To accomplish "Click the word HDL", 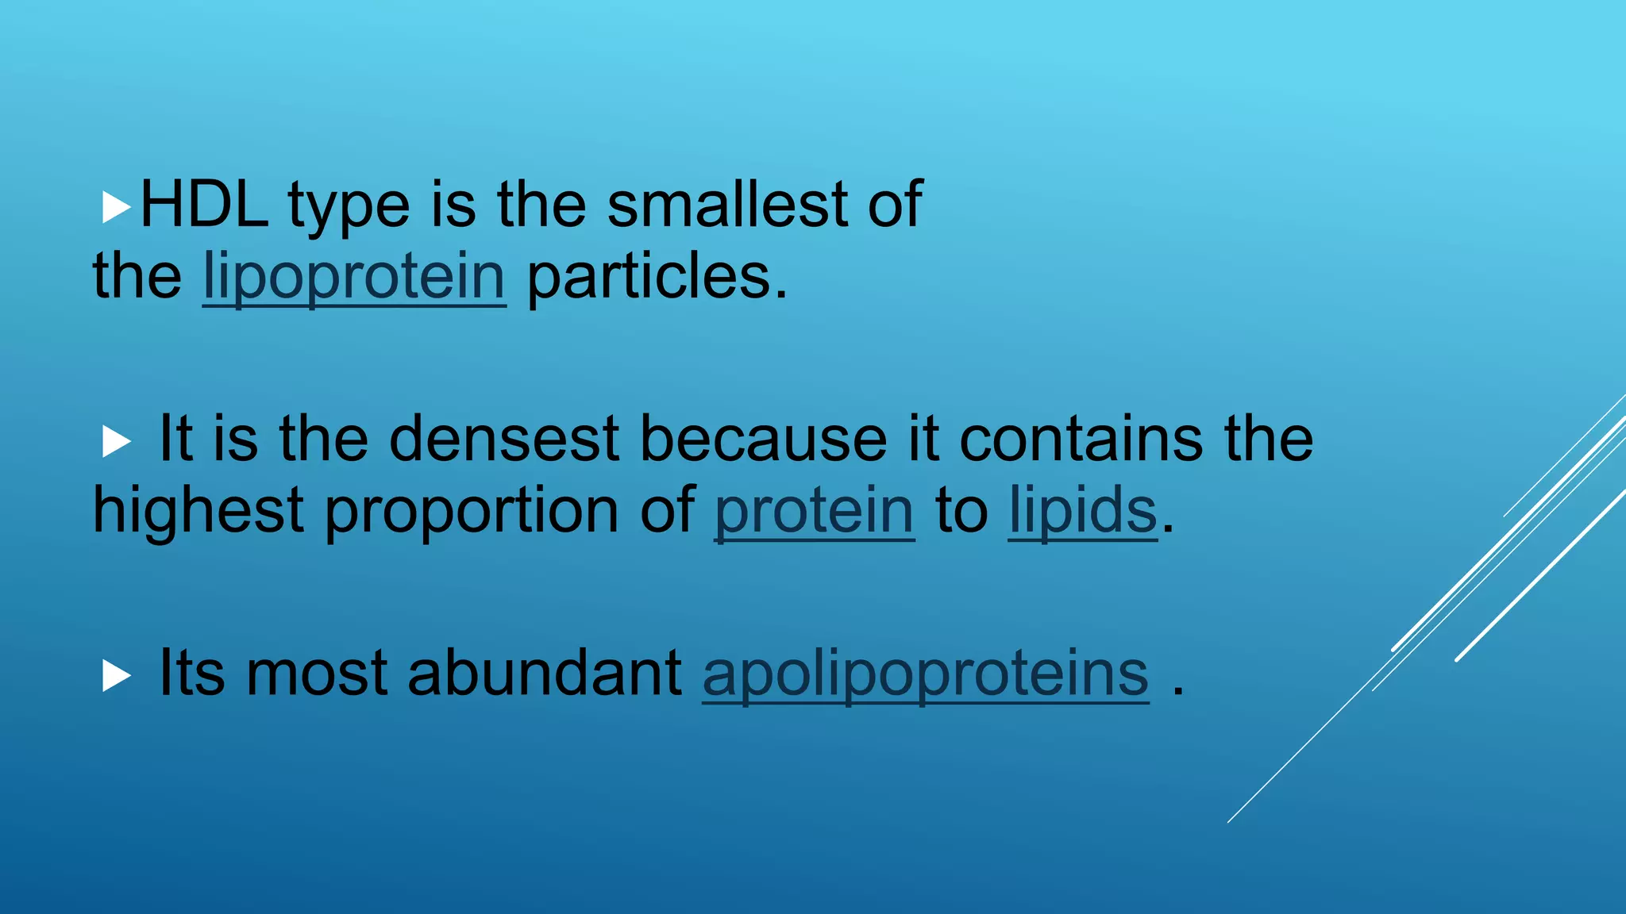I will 204,205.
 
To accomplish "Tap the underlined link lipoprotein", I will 354,277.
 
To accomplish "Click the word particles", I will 657,277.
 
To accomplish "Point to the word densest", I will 504,438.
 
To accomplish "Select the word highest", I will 198,510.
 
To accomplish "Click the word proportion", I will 472,510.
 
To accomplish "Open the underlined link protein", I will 815,510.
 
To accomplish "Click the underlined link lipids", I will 1083,510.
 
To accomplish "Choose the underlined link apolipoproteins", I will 926,673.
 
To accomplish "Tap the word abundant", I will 545,673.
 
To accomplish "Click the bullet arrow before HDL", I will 116,208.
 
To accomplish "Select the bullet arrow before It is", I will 116,442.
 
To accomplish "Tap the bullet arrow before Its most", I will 116,677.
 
